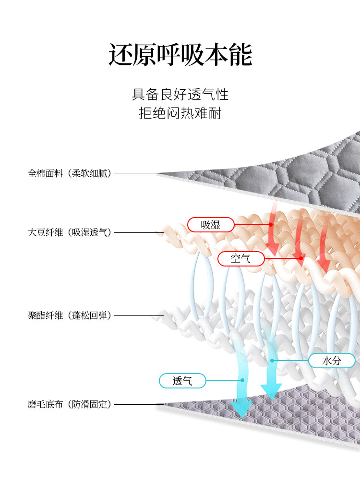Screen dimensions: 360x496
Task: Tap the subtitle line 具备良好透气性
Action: tap(180, 94)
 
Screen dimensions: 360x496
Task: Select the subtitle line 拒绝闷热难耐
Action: tap(180, 114)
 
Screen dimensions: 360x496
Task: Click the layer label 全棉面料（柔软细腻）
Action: tap(70, 173)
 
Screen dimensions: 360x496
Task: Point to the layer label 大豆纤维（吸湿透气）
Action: tap(70, 233)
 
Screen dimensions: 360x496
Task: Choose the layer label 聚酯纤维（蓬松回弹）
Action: tap(70, 316)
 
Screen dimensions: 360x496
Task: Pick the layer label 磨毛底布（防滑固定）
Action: tap(70, 404)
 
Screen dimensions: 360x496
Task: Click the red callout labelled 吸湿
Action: tap(211, 225)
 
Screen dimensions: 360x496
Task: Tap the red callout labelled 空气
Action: tap(241, 259)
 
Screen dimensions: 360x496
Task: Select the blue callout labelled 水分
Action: tap(332, 361)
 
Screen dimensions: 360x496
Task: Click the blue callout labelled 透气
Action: tap(182, 381)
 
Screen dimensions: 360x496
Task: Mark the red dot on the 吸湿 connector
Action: tap(271, 225)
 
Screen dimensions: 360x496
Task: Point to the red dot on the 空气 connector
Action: tap(301, 259)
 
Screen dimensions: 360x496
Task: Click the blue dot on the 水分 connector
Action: tap(272, 361)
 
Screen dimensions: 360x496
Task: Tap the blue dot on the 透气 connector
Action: tap(243, 380)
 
